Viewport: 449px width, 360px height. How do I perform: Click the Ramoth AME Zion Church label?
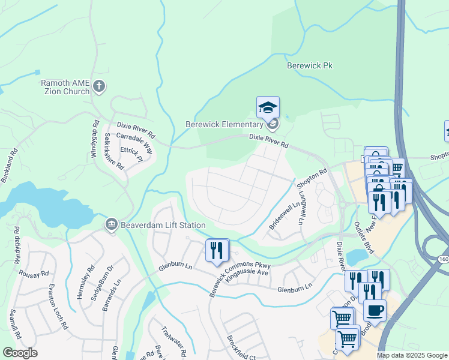pyautogui.click(x=65, y=88)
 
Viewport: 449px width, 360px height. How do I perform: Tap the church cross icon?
pyautogui.click(x=100, y=88)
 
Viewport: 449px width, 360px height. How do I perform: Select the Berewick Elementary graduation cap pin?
pyautogui.click(x=268, y=109)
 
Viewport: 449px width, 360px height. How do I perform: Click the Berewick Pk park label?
pyautogui.click(x=309, y=65)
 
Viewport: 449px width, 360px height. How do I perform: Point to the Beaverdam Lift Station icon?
pyautogui.click(x=110, y=225)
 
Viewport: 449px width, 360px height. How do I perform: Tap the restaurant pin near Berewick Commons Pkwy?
pyautogui.click(x=217, y=249)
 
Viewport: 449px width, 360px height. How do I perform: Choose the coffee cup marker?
pyautogui.click(x=375, y=311)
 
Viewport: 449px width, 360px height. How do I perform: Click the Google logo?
pyautogui.click(x=20, y=352)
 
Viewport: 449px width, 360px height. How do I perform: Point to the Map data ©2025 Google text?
pyautogui.click(x=411, y=355)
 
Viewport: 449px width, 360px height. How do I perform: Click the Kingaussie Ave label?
pyautogui.click(x=246, y=272)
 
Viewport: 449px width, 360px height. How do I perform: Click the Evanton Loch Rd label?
pyautogui.click(x=58, y=306)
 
